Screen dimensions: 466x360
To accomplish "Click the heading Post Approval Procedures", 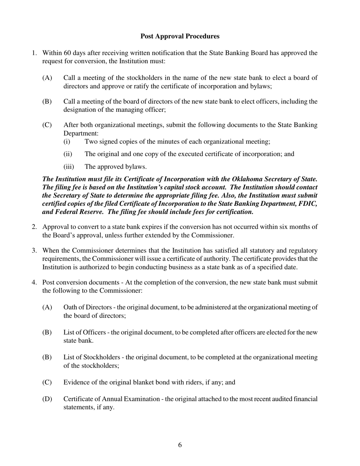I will tap(180, 36).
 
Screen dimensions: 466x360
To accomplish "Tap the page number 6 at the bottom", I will tap(180, 445).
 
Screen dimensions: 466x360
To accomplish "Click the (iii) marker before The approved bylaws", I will tap(69, 167).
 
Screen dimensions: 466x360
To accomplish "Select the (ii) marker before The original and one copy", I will tap(68, 154).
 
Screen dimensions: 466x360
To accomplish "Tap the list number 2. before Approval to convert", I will tap(34, 227).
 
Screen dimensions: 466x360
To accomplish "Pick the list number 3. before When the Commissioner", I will tap(34, 251).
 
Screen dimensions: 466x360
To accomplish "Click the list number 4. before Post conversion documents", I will tap(34, 283).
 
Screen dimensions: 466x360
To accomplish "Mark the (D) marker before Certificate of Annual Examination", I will tap(47, 399).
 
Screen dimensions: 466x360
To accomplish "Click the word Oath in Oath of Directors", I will tap(70, 307).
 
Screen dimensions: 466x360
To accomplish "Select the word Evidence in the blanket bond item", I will tap(76, 382).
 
